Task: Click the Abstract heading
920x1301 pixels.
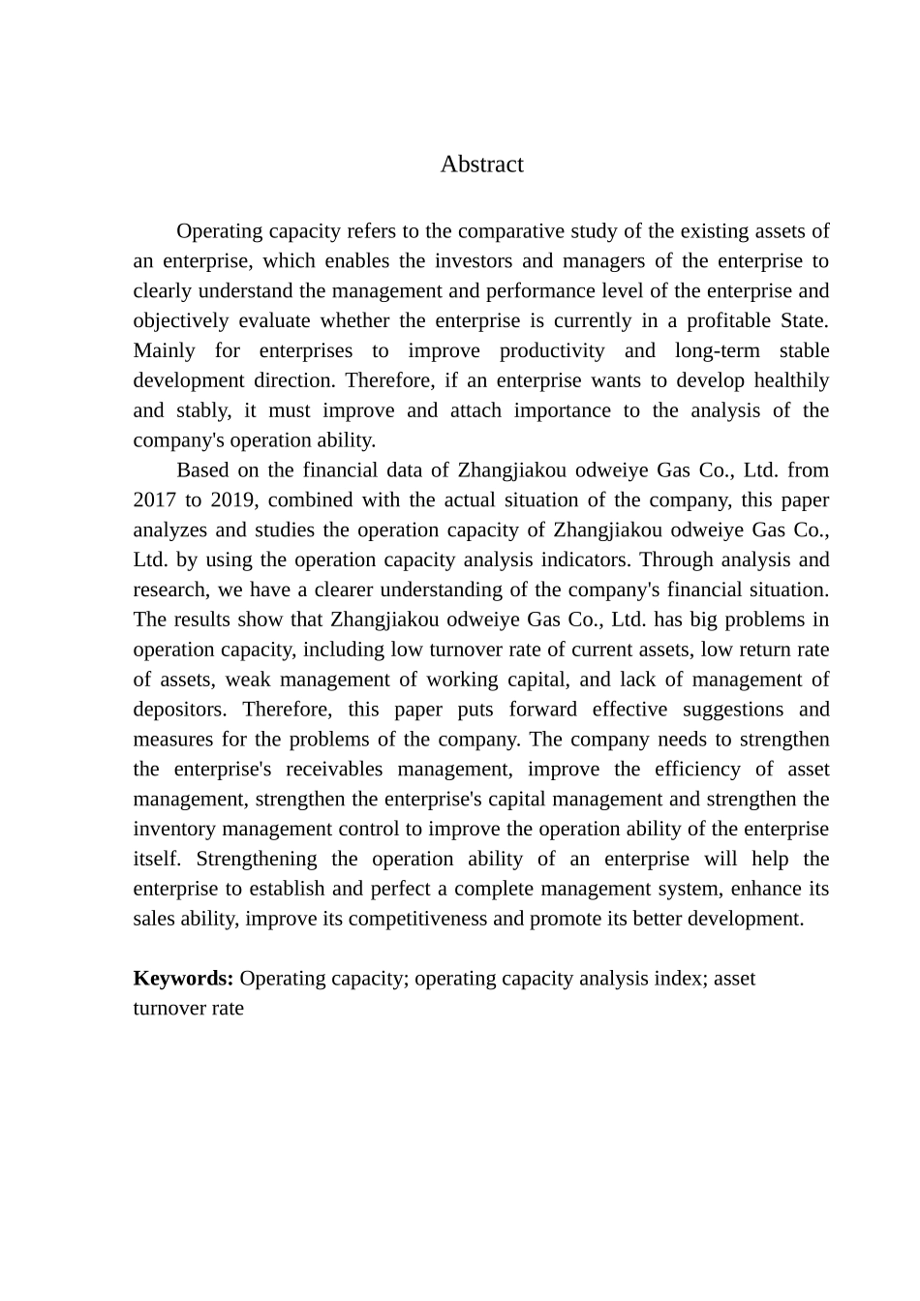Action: coord(481,165)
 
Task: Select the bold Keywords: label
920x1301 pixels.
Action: coord(183,979)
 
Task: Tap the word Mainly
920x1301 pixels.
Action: coord(164,351)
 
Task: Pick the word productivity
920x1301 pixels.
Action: coord(552,351)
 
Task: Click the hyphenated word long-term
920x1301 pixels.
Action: coord(717,351)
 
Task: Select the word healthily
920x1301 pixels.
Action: coord(791,381)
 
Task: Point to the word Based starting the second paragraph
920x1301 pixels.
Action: coord(203,470)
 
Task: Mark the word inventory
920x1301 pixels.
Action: coord(175,830)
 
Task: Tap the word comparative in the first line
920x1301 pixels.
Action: coord(507,231)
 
